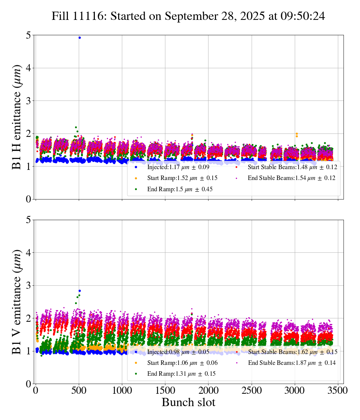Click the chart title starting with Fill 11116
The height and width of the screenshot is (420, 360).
188,16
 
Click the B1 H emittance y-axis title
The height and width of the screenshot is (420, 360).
17,117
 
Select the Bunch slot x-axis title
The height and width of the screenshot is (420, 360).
188,403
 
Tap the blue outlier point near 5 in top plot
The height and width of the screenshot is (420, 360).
79,37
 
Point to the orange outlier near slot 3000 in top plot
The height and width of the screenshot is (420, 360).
297,134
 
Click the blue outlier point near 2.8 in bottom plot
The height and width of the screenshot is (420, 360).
79,291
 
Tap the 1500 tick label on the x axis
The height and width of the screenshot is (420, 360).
165,390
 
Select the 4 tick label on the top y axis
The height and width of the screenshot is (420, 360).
28,68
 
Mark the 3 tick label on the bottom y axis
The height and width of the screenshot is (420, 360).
28,286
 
